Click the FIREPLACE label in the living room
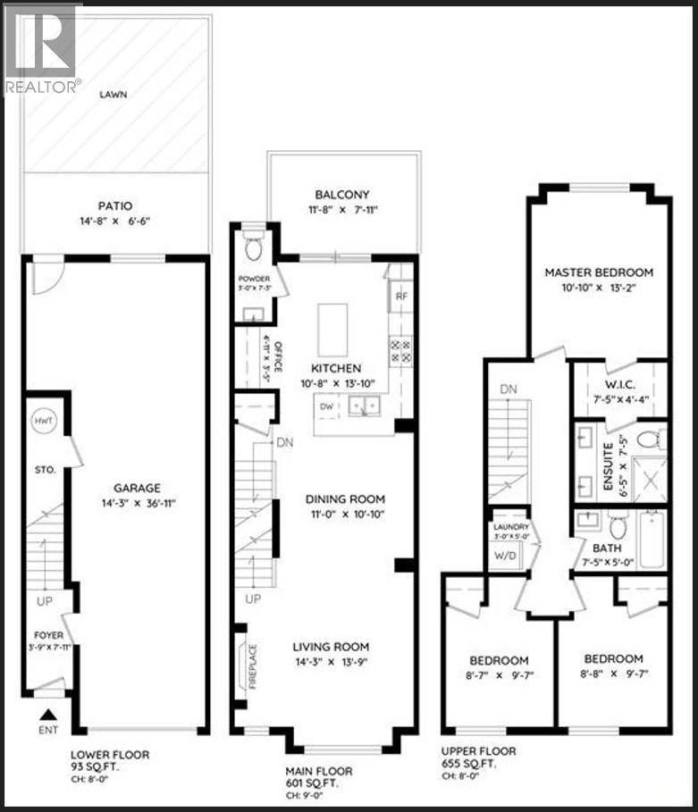coord(253,662)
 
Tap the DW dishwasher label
coord(327,406)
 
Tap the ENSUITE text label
coord(610,465)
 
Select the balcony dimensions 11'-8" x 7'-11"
coord(342,211)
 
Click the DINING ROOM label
coord(333,499)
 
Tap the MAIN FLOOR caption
coord(318,770)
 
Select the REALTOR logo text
coord(42,87)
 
